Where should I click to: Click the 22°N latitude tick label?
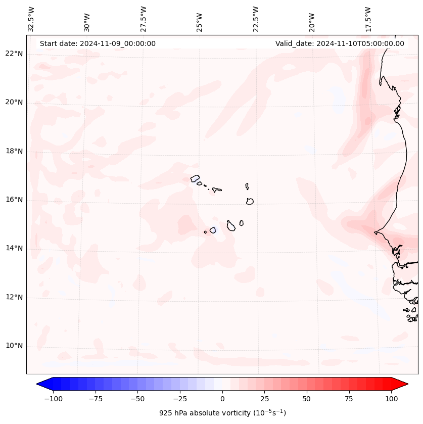[14, 54]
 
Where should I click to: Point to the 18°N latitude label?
[14, 152]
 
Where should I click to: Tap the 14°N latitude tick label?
[14, 249]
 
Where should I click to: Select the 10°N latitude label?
[14, 346]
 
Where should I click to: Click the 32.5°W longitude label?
[31, 19]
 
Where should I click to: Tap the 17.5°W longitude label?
[368, 19]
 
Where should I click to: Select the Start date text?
[98, 43]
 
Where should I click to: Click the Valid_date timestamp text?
[340, 43]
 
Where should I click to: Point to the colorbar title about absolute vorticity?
[222, 413]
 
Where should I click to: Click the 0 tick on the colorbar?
[222, 399]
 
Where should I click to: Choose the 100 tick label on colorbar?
[392, 399]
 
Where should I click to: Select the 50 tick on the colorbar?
[307, 399]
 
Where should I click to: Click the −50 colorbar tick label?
[137, 399]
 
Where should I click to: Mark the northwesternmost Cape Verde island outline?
[195, 178]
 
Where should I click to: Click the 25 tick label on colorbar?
[264, 399]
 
